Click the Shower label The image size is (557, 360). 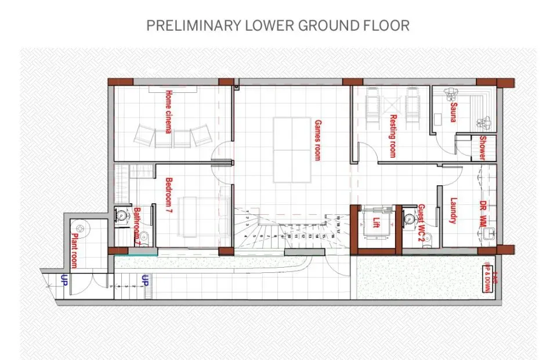coord(482,148)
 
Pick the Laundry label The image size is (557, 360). coord(454,210)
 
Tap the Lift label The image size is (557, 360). coord(376,222)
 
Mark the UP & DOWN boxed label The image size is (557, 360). coord(487,276)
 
